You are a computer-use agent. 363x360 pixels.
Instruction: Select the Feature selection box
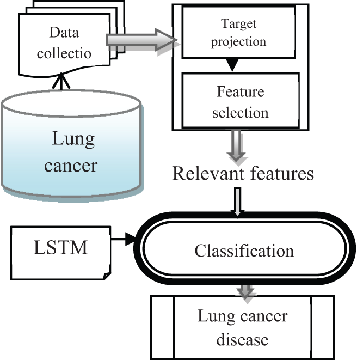240,101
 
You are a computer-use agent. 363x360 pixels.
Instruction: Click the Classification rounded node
244,251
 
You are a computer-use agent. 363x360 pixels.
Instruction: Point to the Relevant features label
243,173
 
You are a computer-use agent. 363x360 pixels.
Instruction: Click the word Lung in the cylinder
72,139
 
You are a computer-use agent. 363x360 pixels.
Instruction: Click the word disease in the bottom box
243,339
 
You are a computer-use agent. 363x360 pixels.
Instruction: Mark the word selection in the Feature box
241,113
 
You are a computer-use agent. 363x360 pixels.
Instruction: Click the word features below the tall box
280,173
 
